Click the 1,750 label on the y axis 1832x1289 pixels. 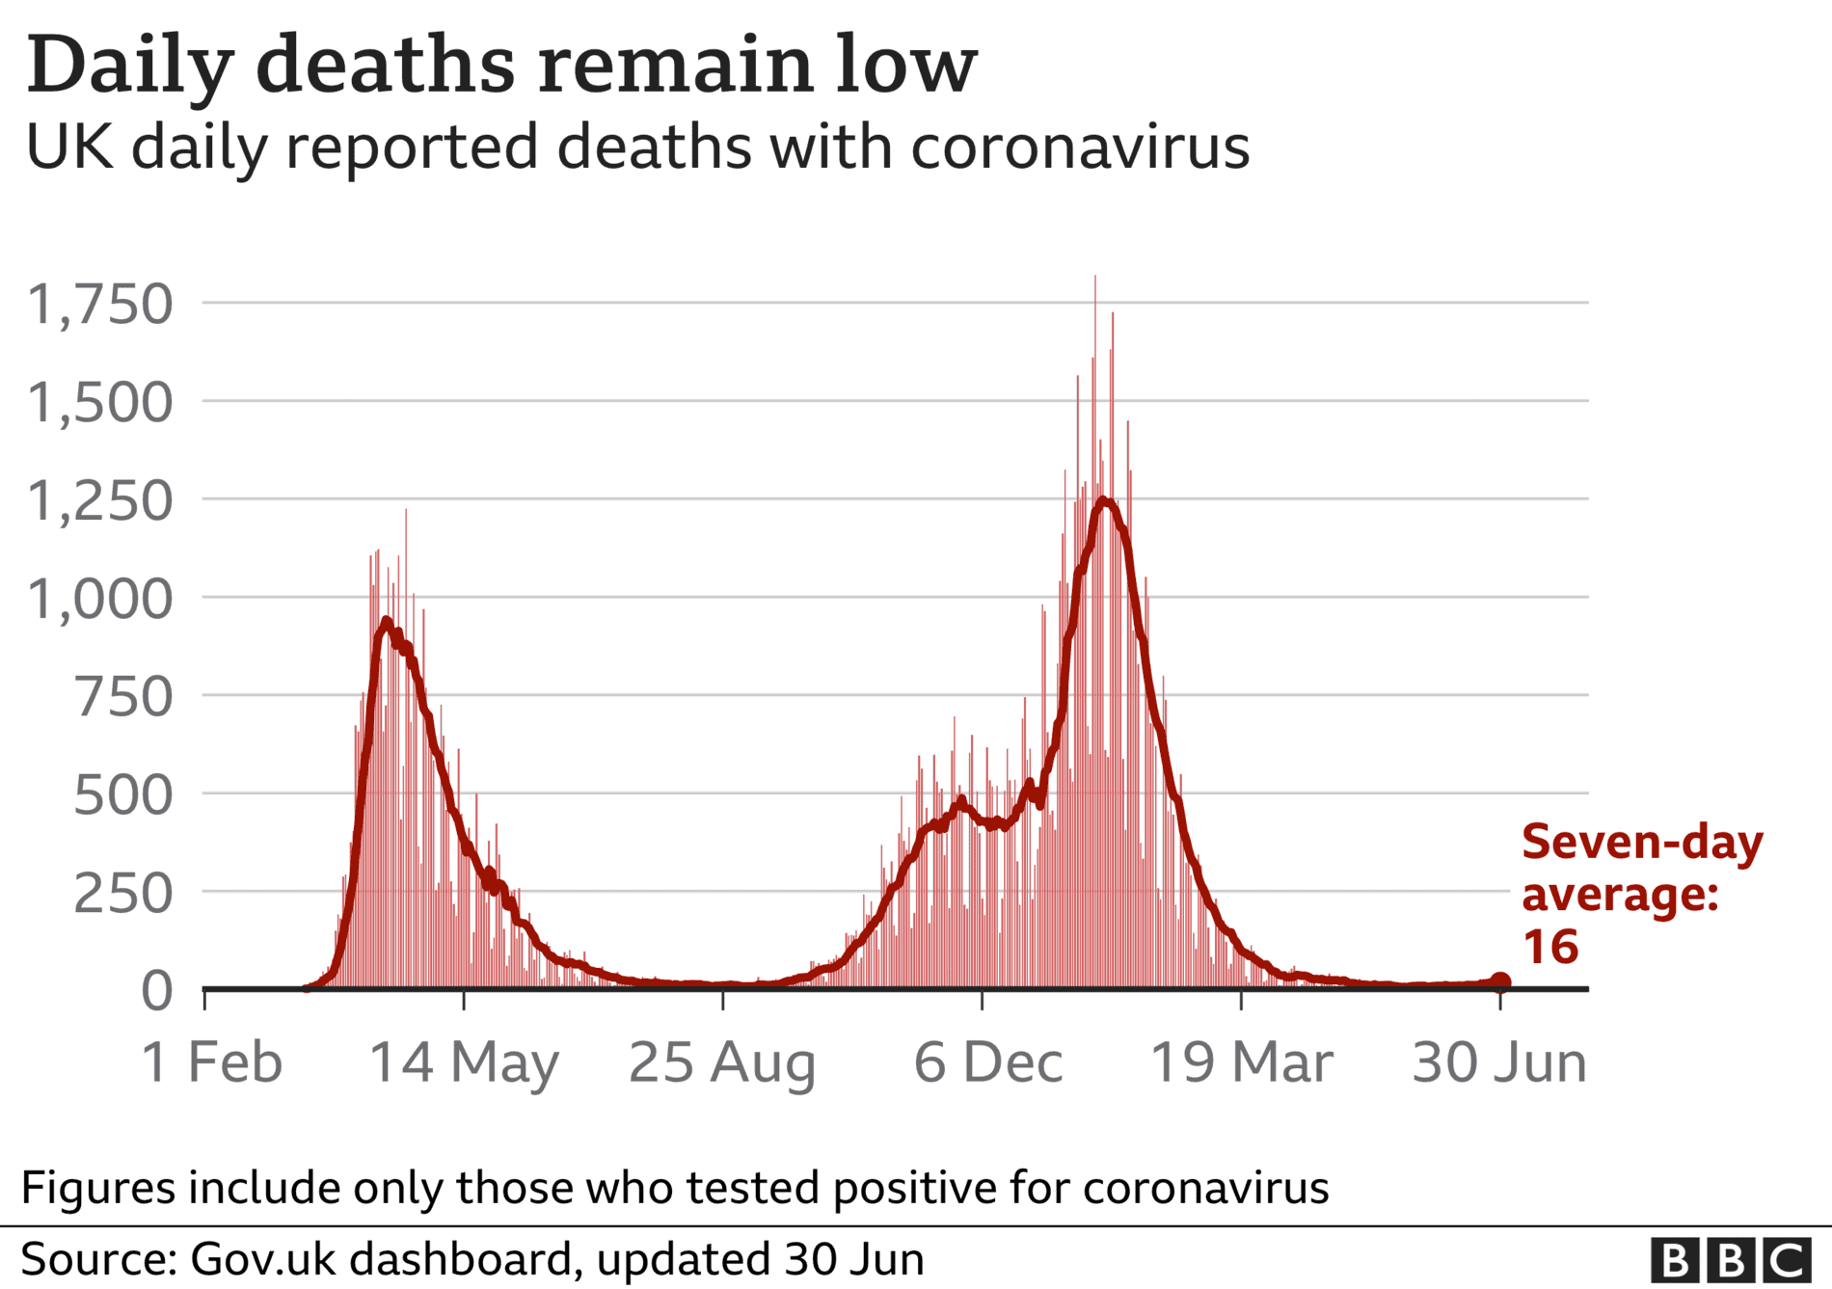[100, 305]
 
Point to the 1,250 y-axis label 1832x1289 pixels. [100, 501]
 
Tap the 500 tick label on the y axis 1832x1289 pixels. [123, 795]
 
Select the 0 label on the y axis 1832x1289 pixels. [157, 991]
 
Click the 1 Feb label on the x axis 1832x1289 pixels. [212, 1062]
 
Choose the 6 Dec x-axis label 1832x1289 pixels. [988, 1062]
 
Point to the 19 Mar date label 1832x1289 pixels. [1242, 1062]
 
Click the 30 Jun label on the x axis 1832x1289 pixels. [1499, 1062]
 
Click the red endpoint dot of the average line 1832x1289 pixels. [1500, 982]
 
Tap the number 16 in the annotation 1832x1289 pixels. [1550, 947]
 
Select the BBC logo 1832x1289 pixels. [1731, 1260]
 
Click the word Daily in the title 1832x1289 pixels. [130, 66]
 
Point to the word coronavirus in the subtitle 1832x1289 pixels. [1080, 148]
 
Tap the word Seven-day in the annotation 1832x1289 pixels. [1642, 844]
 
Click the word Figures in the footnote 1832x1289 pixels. [98, 1189]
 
